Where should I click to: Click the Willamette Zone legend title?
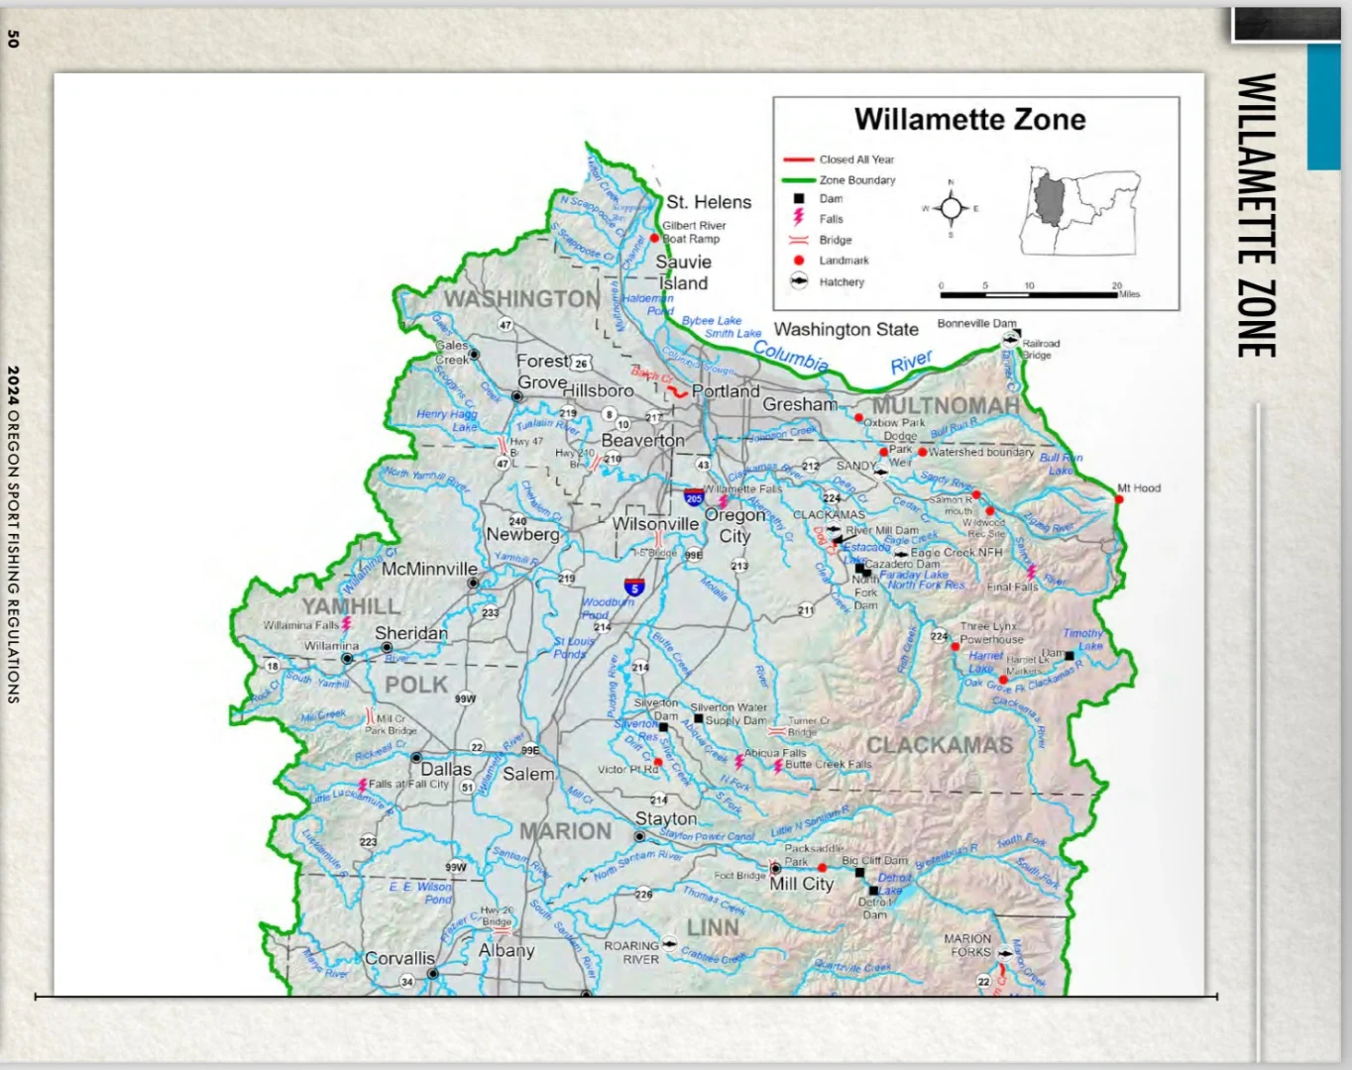point(969,120)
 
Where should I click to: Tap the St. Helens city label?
point(709,202)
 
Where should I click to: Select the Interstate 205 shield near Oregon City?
point(694,497)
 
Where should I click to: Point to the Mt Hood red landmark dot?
point(1119,499)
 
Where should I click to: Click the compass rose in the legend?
point(952,208)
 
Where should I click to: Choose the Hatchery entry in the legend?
point(842,282)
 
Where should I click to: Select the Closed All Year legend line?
point(799,160)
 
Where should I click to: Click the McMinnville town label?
point(429,570)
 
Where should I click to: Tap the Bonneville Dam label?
point(976,324)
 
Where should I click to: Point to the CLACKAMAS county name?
point(939,745)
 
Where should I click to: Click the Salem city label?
point(528,774)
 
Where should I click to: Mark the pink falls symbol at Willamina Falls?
point(347,624)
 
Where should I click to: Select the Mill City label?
point(801,884)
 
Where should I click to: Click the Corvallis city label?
point(399,958)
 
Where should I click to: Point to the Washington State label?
point(845,329)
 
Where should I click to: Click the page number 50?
point(13,39)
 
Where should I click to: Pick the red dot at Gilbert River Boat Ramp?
point(654,239)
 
